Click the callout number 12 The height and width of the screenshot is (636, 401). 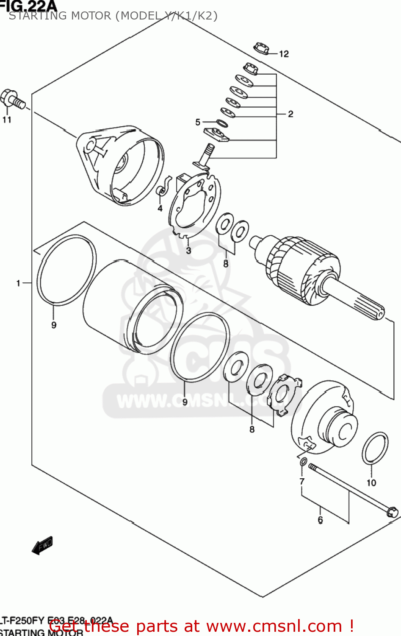point(284,54)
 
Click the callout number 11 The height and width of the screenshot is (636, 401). point(7,120)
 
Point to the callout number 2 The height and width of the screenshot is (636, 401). point(290,114)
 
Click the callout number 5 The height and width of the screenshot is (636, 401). point(198,123)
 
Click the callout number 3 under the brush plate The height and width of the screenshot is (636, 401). point(188,251)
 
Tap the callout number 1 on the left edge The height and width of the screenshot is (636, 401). point(18,283)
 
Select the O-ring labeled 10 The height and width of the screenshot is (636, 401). point(375,449)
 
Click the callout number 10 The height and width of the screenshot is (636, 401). point(371,483)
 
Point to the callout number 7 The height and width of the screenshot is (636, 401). point(302,481)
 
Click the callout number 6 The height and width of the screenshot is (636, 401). point(320,520)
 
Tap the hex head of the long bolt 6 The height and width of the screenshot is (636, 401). point(392,512)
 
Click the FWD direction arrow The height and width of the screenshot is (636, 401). point(42,546)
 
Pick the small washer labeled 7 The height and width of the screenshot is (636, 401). point(303,461)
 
